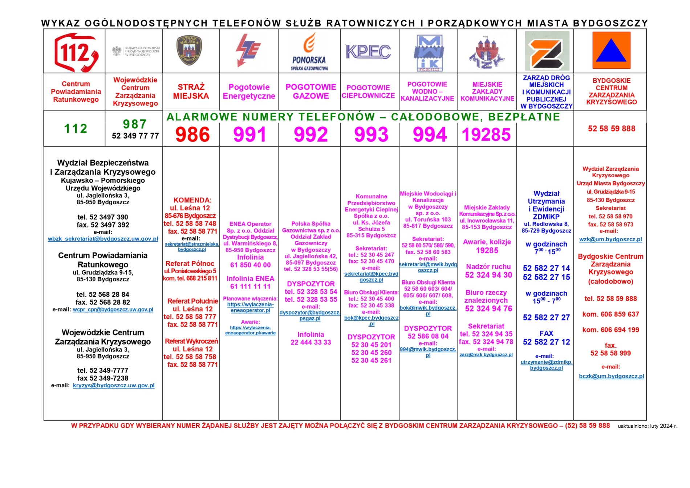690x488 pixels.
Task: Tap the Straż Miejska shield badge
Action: pos(189,50)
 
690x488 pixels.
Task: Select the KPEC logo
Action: pos(368,52)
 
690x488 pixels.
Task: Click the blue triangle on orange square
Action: pos(611,50)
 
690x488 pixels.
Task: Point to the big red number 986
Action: pos(192,135)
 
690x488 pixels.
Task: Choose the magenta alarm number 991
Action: pos(250,135)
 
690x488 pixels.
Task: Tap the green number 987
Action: pos(135,124)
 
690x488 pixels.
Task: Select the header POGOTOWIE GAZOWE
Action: pos(311,92)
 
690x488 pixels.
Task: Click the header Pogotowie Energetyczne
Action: pos(249,92)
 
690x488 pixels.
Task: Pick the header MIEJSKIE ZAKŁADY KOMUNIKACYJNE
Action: pos(487,92)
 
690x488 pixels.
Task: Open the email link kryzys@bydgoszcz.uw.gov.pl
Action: pos(114,386)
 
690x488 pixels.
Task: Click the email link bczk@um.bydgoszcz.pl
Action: pos(612,376)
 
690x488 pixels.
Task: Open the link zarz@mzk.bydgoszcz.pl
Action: pos(486,355)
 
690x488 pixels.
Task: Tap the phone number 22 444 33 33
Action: pos(311,342)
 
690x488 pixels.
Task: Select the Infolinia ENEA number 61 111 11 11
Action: pos(250,287)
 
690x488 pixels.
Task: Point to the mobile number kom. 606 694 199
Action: pos(611,330)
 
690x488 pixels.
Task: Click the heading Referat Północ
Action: pos(190,264)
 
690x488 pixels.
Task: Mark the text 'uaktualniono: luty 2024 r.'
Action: pos(648,426)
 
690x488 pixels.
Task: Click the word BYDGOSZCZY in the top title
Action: pos(610,23)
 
